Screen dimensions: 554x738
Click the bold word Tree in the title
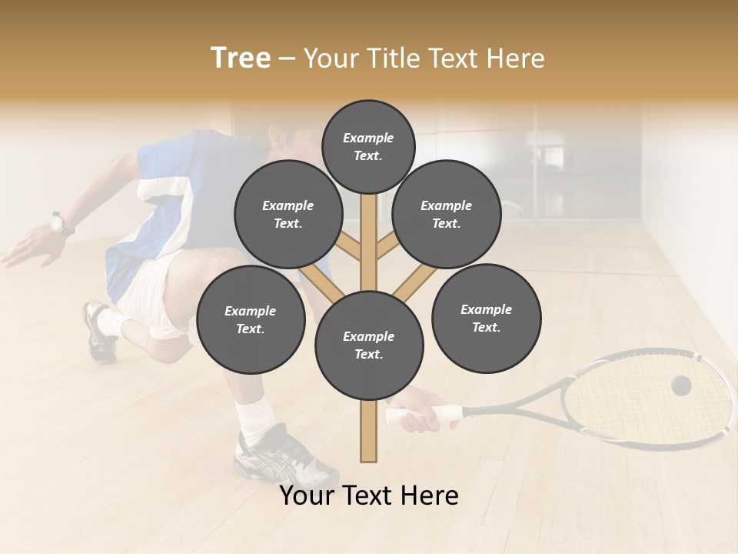tap(241, 58)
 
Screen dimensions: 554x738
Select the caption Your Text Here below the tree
tap(369, 496)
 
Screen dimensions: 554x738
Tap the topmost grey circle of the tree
tap(368, 146)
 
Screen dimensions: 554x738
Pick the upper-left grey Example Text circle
tap(288, 214)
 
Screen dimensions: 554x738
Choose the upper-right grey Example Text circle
tap(447, 214)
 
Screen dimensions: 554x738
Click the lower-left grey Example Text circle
tap(251, 319)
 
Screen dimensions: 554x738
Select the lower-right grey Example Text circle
tap(486, 318)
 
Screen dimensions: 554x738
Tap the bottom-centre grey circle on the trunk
tap(369, 345)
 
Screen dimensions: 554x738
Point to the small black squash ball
tap(681, 385)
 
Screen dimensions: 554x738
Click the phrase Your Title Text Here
tap(424, 58)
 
